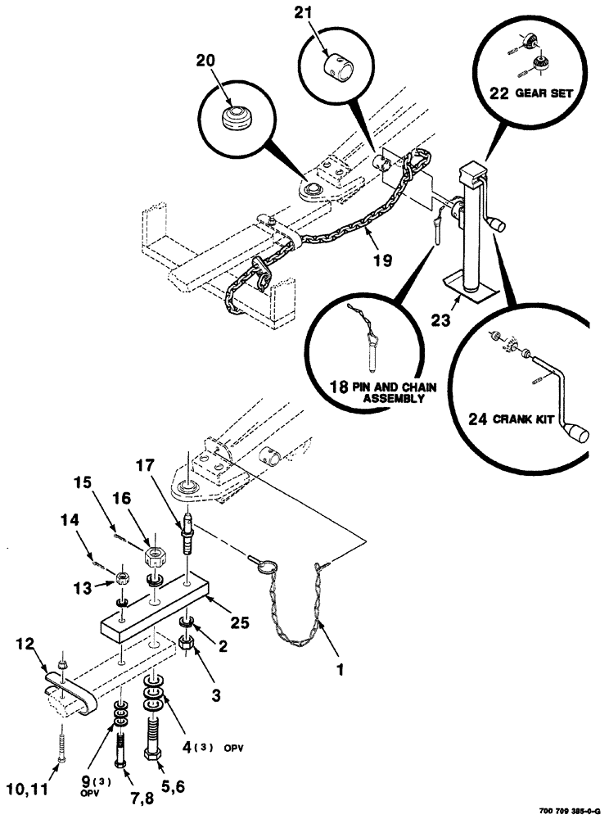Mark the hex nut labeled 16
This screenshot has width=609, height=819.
tap(152, 559)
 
